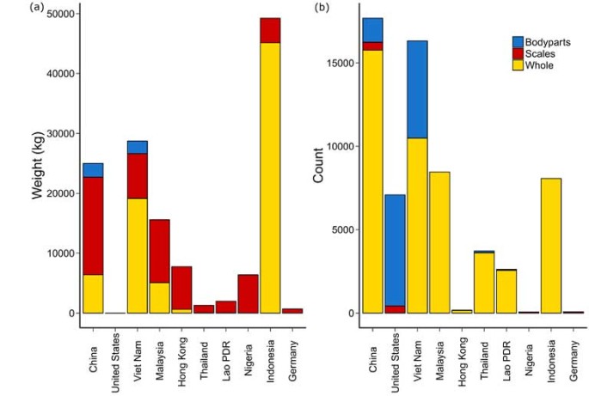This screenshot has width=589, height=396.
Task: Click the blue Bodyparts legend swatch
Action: pos(518,41)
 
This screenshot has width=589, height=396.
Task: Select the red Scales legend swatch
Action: pos(518,53)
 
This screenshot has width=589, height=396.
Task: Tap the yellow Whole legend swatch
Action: pos(518,64)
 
